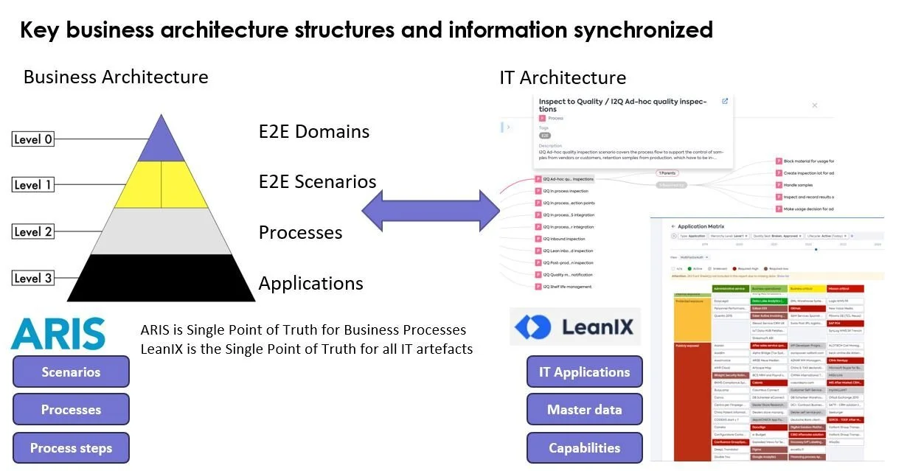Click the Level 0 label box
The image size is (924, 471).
pos(34,139)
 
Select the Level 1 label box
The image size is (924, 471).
pos(34,185)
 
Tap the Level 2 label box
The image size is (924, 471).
pos(34,231)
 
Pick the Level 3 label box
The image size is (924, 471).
pos(34,278)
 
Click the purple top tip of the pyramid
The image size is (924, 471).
pos(161,144)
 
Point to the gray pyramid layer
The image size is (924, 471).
pos(161,231)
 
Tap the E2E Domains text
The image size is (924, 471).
pos(314,132)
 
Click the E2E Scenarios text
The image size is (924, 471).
pos(317,182)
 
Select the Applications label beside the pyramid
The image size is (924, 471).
pos(310,284)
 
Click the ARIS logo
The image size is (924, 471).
pos(58,334)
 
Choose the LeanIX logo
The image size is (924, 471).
pos(575,327)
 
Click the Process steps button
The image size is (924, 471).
pos(71,448)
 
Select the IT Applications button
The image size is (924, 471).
pos(584,371)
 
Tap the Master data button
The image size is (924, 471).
pos(584,410)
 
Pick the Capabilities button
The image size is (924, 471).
pos(584,448)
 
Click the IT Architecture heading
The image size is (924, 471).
pos(563,77)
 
